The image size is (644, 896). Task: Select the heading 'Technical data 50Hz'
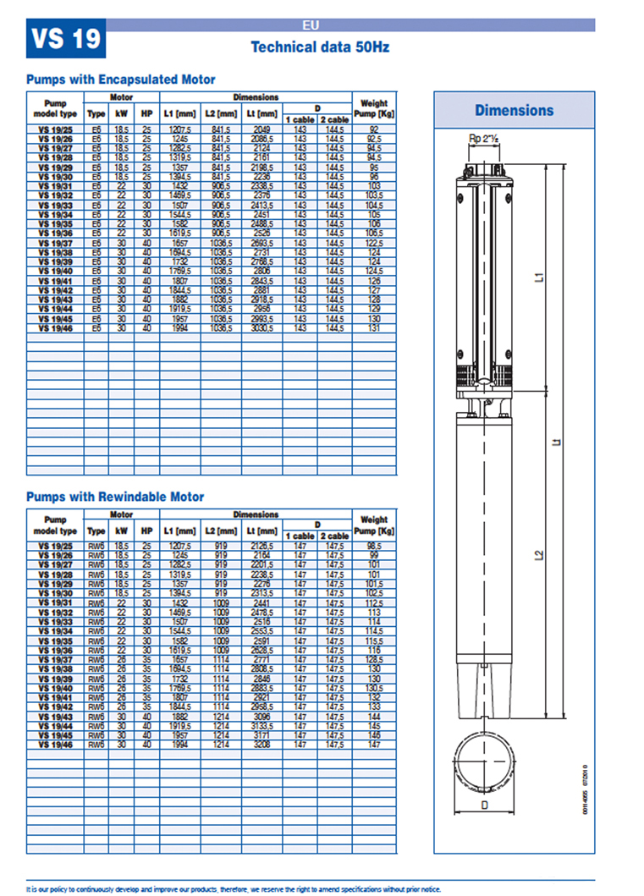(320, 47)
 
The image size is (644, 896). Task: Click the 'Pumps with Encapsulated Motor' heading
(121, 80)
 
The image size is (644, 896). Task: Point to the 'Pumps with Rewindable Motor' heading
(115, 497)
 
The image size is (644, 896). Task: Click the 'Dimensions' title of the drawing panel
(514, 110)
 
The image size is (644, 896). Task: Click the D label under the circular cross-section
(484, 805)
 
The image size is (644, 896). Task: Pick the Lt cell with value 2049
(261, 129)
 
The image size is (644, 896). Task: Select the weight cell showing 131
(373, 327)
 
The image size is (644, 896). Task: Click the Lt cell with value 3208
(261, 745)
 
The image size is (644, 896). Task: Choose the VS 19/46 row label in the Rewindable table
(55, 745)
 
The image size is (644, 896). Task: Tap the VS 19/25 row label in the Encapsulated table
(55, 129)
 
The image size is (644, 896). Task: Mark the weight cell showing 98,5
(373, 547)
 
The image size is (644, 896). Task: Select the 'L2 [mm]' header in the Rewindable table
(221, 530)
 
